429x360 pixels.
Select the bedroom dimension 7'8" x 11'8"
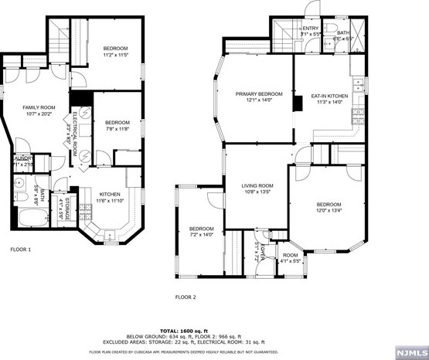click(x=117, y=130)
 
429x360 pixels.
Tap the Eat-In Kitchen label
click(x=329, y=97)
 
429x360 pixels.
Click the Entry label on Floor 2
click(x=311, y=28)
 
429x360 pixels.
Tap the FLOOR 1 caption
click(x=21, y=250)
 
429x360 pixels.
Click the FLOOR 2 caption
click(x=186, y=297)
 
